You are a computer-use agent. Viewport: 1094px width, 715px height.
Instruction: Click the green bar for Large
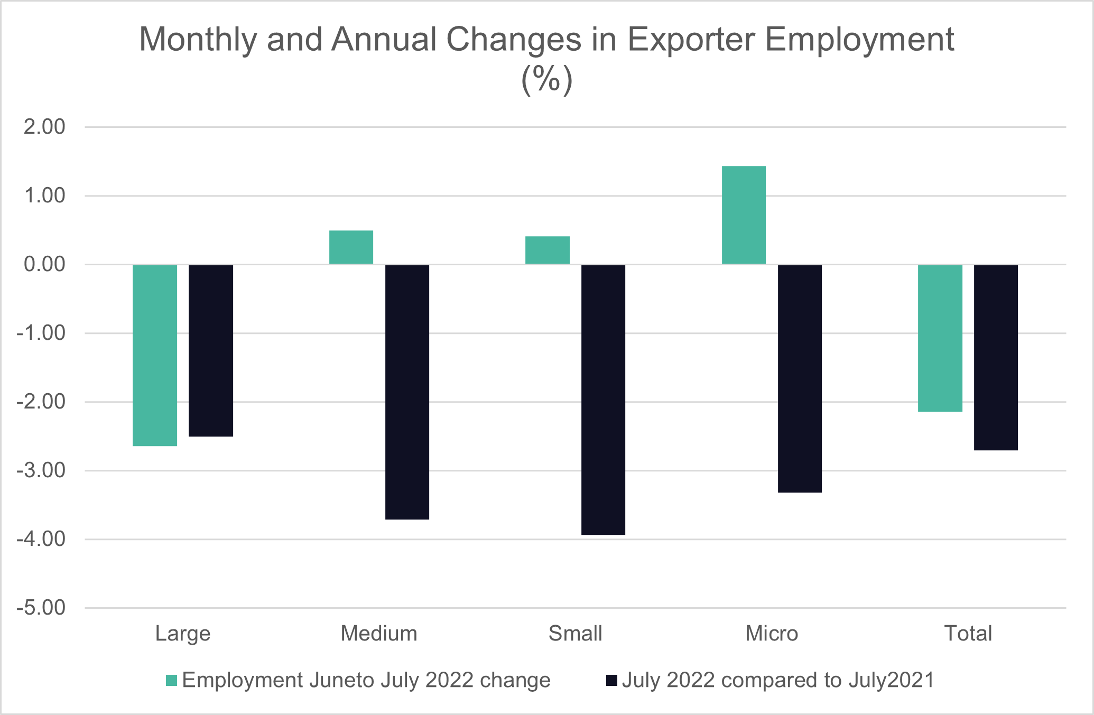point(155,355)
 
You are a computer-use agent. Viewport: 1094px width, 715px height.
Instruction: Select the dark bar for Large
point(211,350)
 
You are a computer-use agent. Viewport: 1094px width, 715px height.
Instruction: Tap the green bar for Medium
point(351,247)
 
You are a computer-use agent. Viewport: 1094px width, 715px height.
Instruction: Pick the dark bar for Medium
point(407,392)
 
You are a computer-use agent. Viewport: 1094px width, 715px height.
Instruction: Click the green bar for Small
point(548,250)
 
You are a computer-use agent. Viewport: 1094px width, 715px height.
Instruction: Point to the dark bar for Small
point(603,400)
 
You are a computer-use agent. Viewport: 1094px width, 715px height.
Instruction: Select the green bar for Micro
point(744,215)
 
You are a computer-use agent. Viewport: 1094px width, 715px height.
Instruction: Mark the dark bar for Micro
point(800,378)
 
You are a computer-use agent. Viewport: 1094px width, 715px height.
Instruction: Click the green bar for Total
point(940,338)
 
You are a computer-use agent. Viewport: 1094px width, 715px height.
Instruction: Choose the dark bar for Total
point(996,357)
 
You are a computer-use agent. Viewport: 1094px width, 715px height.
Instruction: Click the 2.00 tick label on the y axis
point(44,127)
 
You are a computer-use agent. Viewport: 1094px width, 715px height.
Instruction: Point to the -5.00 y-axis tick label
point(41,608)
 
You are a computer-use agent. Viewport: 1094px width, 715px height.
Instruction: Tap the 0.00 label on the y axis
point(44,264)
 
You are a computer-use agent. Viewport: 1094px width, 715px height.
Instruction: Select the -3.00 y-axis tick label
point(41,470)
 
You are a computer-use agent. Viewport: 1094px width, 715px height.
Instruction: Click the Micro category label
point(772,633)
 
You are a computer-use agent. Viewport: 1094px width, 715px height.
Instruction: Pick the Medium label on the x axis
point(379,633)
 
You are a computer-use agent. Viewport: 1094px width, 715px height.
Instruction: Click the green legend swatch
point(171,681)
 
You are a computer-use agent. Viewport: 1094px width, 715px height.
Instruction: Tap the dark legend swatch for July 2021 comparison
point(611,681)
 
